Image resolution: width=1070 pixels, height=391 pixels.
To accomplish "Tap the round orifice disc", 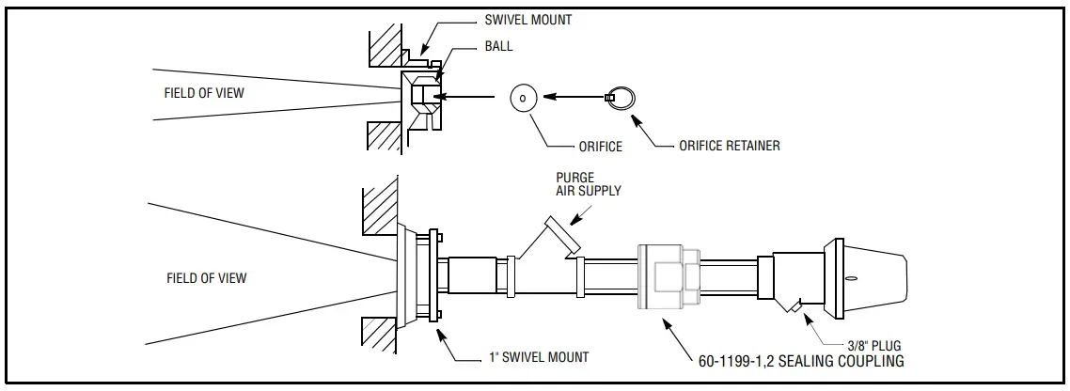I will coord(524,97).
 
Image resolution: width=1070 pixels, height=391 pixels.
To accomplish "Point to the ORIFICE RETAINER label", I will coord(729,146).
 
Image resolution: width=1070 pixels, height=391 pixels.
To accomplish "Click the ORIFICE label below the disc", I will coord(600,147).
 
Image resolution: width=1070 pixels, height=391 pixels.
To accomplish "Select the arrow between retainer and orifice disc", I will coord(575,96).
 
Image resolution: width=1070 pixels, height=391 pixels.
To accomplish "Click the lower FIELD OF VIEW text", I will coord(206,277).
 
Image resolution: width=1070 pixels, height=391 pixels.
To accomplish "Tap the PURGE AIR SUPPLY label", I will coord(589,183).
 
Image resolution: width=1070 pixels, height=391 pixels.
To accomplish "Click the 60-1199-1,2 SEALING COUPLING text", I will coord(800,360).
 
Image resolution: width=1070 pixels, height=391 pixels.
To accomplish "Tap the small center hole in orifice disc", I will coord(524,97).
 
